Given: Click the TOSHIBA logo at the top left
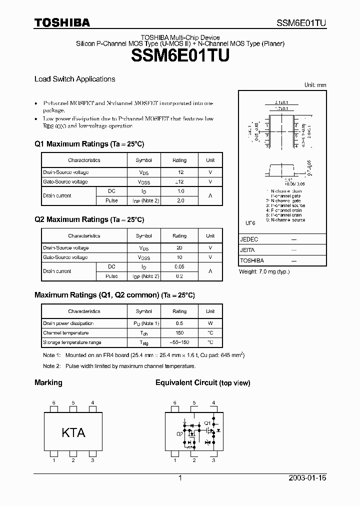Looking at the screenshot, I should coord(62,22).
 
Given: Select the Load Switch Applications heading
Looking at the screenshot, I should coord(74,79).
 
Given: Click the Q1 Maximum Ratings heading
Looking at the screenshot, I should coord(89,144).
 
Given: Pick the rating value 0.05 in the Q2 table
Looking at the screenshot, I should coord(179,266).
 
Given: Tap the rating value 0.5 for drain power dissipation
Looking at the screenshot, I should coord(179,323).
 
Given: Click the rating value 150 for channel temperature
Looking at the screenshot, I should coord(179,332).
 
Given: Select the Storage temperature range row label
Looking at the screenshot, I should coord(72,342).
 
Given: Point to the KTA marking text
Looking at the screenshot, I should coord(73,432).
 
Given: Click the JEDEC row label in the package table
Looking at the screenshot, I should coord(249,239).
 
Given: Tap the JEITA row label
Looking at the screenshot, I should coord(247,250).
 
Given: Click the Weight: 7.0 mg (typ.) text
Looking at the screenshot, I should coord(264,271).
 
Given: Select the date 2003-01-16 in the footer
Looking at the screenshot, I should coord(307,478).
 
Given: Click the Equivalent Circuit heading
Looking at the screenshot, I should coord(202,382).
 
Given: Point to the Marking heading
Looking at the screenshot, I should coord(48,382).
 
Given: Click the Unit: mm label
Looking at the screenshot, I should coord(315,85).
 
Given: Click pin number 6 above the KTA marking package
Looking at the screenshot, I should coord(54,402).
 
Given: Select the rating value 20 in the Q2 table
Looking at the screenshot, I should coord(179,248).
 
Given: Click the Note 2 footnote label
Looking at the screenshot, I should coord(51,366).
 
